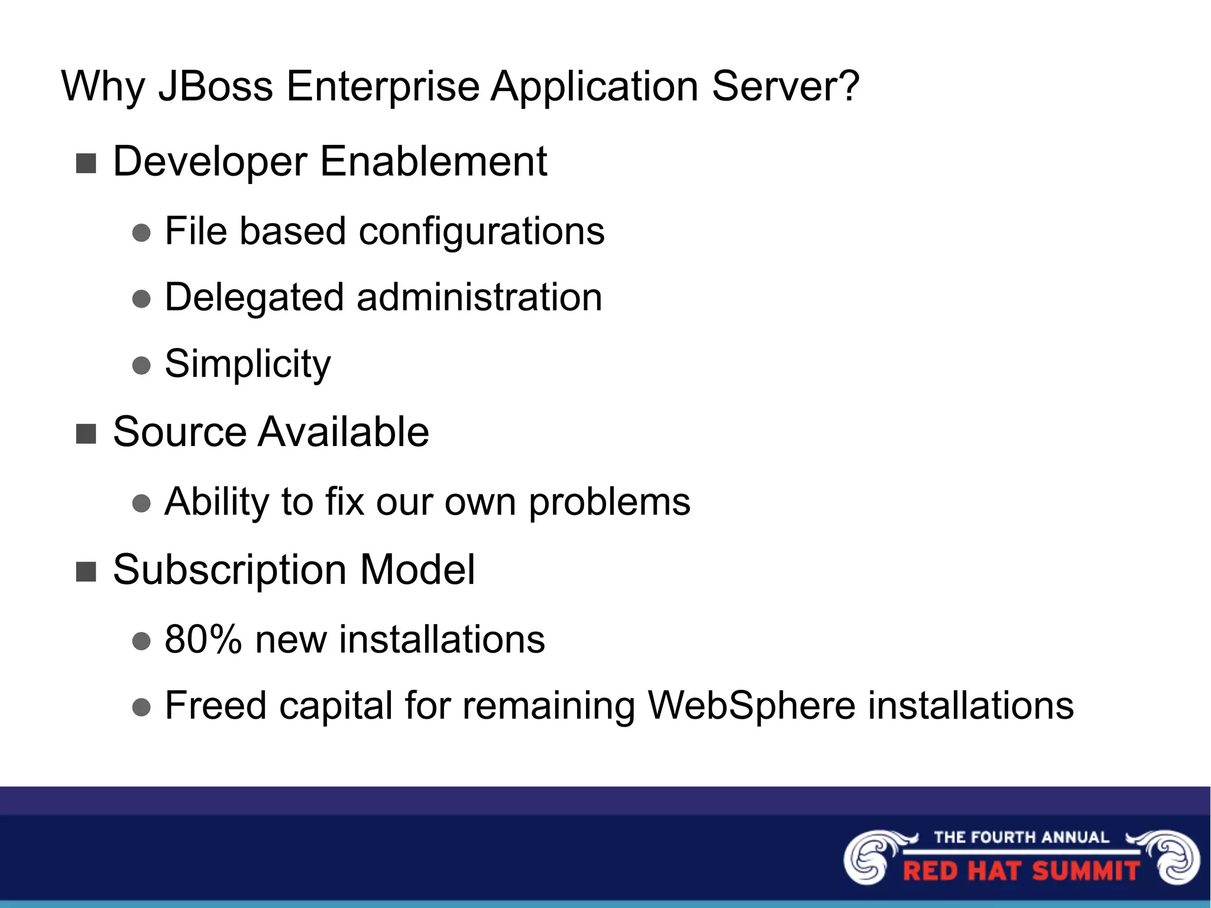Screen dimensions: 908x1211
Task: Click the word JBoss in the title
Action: [x=215, y=86]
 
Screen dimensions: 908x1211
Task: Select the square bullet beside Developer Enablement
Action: [x=86, y=163]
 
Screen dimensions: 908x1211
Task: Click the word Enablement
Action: [x=433, y=161]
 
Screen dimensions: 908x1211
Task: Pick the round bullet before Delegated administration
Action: [x=141, y=299]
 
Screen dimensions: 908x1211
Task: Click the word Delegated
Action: [x=254, y=298]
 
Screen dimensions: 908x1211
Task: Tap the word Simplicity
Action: [x=247, y=364]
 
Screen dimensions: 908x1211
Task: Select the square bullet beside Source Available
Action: [x=86, y=434]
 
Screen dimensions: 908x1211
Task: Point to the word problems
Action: [x=609, y=503]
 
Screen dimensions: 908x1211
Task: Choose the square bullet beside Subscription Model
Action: [x=86, y=572]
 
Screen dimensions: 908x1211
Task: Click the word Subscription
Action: [x=229, y=570]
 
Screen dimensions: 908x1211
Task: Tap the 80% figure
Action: [x=203, y=639]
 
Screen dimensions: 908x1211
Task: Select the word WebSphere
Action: [x=751, y=706]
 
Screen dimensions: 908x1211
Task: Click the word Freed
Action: [x=216, y=706]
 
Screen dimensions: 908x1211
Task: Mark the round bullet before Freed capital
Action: [x=141, y=707]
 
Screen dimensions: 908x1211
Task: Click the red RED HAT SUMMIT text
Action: [x=1021, y=871]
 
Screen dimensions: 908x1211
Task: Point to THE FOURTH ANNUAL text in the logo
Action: [x=1021, y=838]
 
